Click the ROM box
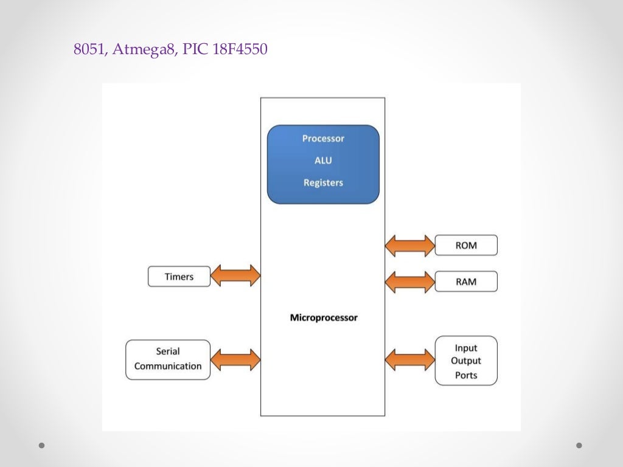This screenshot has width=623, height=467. point(466,246)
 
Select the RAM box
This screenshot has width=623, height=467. point(466,282)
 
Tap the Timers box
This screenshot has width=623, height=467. point(179,277)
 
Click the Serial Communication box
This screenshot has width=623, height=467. point(168,359)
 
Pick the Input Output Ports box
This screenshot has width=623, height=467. point(466,361)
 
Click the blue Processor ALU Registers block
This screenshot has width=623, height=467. point(323,164)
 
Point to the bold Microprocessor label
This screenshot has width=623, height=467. point(324,317)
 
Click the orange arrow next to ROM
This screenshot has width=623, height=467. point(410,246)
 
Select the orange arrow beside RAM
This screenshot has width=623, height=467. point(410,282)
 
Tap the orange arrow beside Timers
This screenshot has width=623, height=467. point(235,276)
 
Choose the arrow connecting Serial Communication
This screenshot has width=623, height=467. point(235,359)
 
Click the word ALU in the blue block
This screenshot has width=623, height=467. point(323,161)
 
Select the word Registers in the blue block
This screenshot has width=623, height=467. point(323,182)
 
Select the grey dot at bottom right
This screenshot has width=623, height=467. point(579,445)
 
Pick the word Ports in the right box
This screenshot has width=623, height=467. point(466,375)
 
